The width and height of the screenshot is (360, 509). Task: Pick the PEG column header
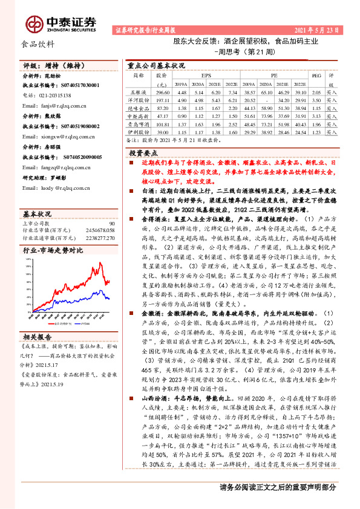(316, 77)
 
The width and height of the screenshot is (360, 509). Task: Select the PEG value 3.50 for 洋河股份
(316, 99)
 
